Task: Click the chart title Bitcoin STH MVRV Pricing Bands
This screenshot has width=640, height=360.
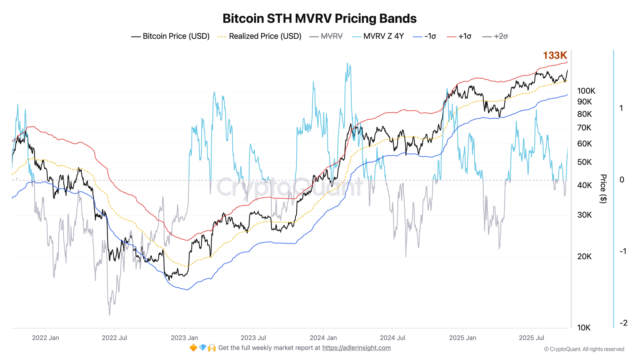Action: coord(319,19)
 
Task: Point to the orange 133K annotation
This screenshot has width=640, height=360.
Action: coord(555,55)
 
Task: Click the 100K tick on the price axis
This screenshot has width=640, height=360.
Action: coord(586,91)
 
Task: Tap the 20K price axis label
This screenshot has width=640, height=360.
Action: coord(584,256)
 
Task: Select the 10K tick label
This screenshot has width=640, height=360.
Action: coord(584,328)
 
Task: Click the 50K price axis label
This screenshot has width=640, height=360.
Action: coord(584,162)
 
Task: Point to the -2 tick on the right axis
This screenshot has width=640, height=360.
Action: coord(623,323)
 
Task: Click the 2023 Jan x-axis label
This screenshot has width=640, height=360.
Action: coord(184,338)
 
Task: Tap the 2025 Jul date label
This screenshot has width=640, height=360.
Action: coord(531,338)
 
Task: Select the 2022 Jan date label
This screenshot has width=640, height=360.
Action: coord(45,338)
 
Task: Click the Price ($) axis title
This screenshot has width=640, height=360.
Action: coord(603,188)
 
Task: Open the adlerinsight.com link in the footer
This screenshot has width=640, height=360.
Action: coord(356,348)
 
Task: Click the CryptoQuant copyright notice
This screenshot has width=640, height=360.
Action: coord(584,349)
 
